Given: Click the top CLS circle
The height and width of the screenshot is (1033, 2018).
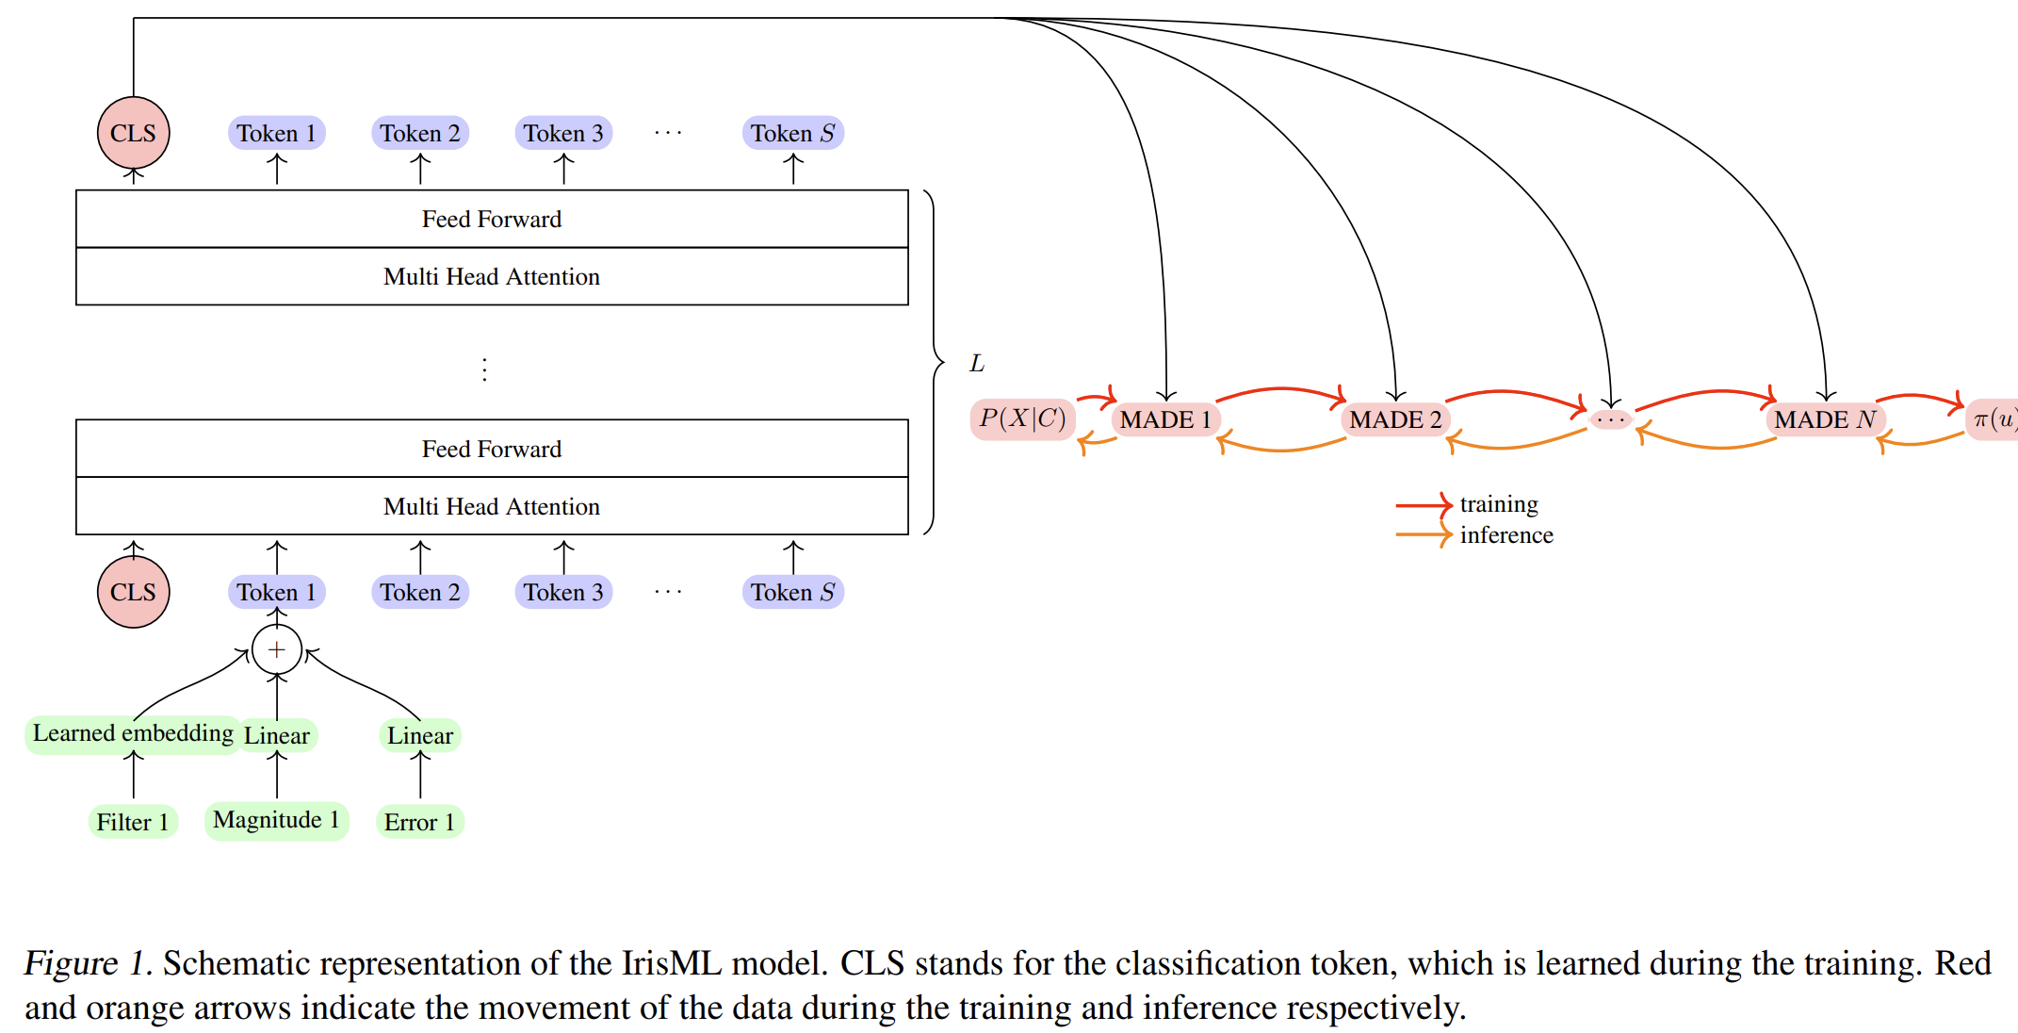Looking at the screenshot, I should [x=133, y=133].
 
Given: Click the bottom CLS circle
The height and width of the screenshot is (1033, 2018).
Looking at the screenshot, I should [x=133, y=592].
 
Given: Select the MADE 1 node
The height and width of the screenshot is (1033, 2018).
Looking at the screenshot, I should [x=1165, y=419].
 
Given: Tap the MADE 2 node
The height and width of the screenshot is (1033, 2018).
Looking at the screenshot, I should [x=1395, y=419].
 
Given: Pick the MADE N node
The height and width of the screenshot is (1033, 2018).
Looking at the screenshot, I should [x=1825, y=419].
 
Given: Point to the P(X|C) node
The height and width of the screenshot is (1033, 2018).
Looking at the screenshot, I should [x=1022, y=418].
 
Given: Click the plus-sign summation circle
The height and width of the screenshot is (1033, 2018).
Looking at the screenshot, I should [x=276, y=649].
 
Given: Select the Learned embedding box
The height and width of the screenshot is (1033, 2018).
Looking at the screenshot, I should [x=133, y=733].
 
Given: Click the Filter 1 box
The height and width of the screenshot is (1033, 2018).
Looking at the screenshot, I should [x=133, y=822].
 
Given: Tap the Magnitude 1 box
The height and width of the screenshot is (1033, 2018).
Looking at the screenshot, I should [x=276, y=820].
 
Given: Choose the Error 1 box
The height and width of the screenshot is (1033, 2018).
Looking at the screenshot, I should [x=419, y=822].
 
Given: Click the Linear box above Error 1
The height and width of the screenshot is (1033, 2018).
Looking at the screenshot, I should [x=419, y=735].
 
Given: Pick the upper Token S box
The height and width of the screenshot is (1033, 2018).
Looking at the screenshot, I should [x=792, y=133].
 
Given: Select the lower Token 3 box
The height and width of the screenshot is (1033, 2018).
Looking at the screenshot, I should [x=563, y=592].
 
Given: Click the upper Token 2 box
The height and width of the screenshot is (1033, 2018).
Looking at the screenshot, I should [x=420, y=133].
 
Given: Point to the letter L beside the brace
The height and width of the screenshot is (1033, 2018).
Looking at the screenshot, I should [x=977, y=363].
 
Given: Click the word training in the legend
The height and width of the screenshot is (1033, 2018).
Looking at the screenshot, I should [x=1499, y=504].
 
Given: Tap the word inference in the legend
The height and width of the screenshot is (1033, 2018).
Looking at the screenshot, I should [x=1506, y=535].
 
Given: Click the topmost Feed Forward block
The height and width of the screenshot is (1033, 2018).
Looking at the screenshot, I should [x=492, y=219].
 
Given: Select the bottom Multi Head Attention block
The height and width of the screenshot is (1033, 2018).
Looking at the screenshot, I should [x=492, y=506].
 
